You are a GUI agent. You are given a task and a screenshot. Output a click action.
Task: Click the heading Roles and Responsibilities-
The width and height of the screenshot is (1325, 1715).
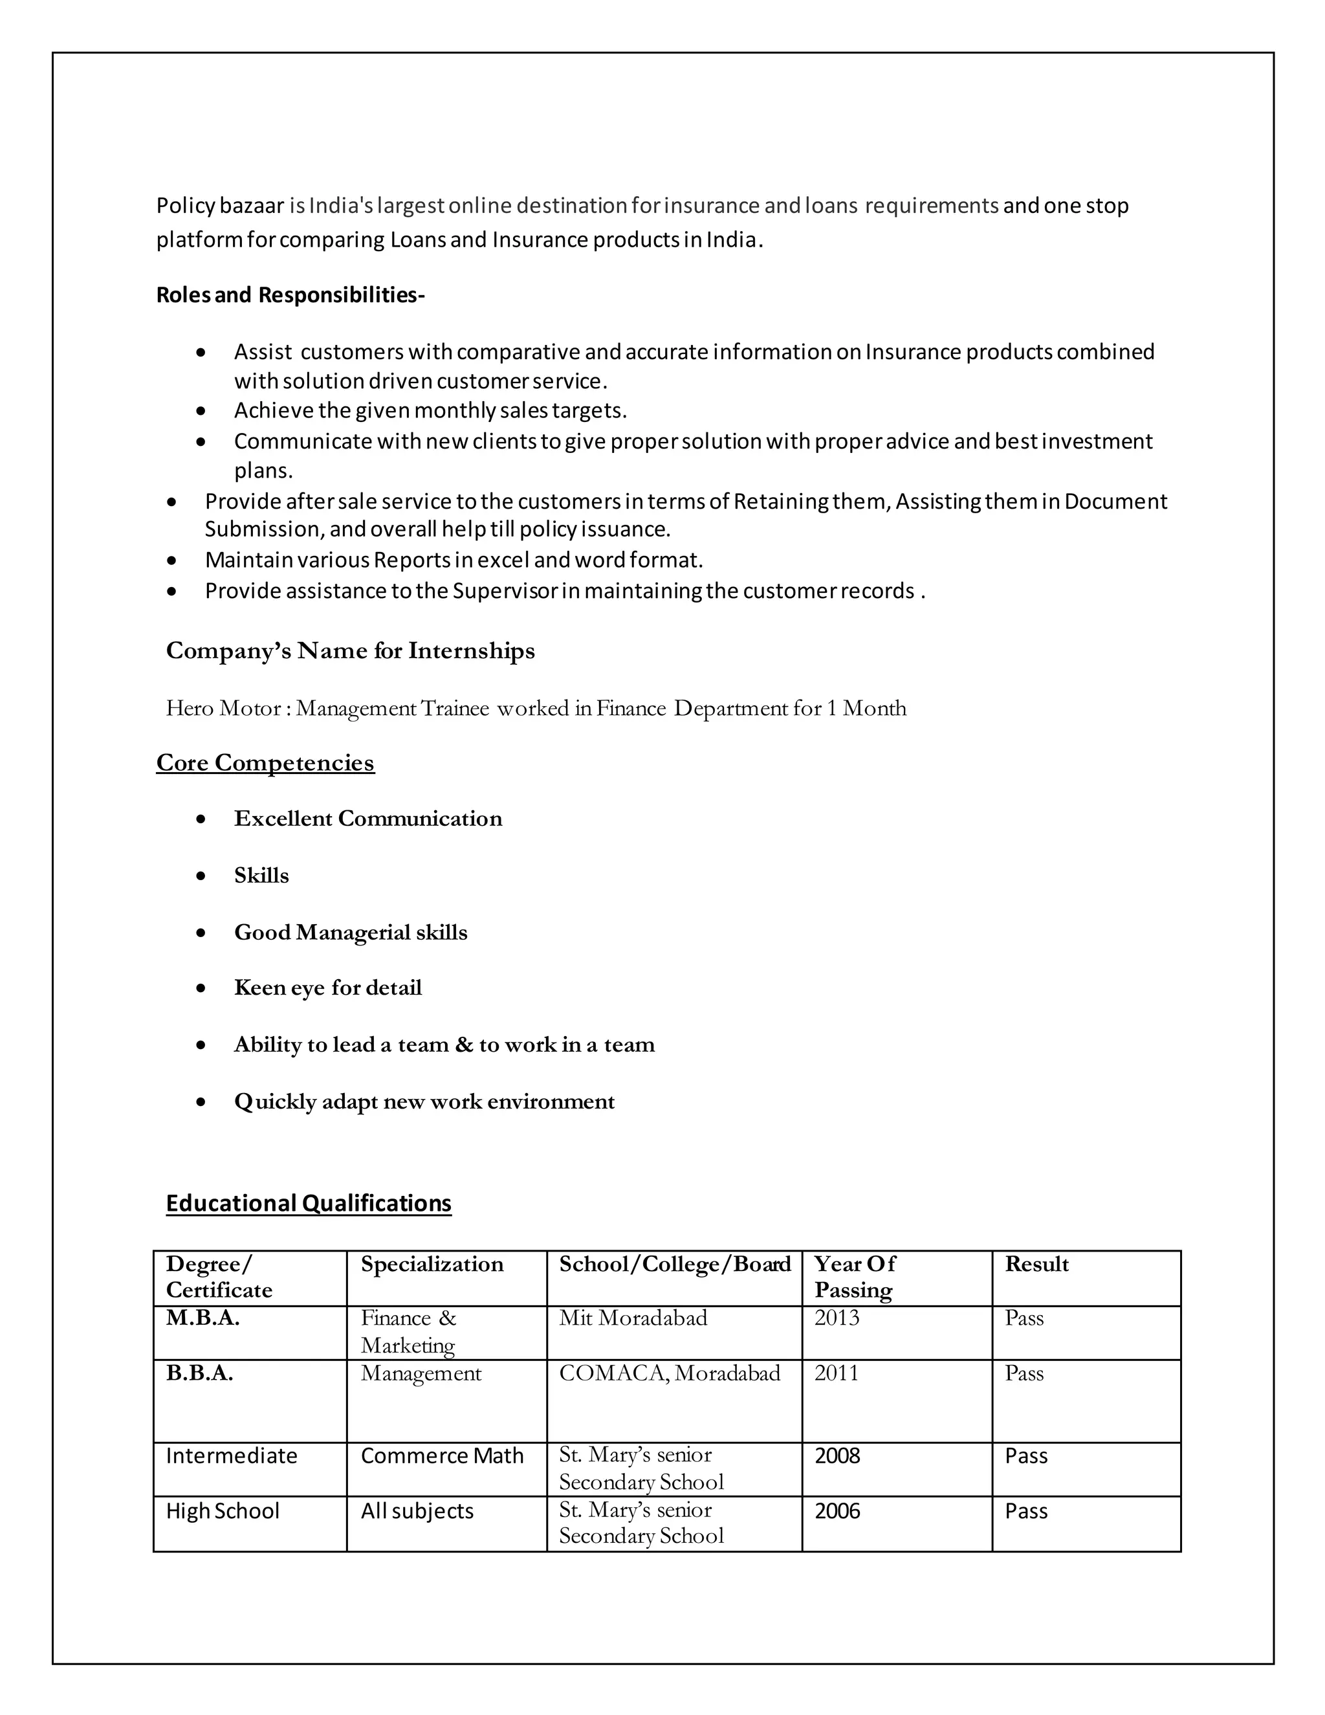pos(290,295)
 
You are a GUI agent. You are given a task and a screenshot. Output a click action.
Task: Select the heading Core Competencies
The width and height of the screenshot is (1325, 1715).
pos(265,762)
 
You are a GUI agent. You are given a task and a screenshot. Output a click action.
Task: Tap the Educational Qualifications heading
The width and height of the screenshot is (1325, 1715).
pos(309,1203)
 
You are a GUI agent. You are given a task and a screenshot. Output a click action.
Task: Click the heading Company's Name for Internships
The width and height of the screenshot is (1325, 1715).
pos(350,651)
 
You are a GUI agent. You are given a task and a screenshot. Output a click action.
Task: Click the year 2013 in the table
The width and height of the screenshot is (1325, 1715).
pos(836,1318)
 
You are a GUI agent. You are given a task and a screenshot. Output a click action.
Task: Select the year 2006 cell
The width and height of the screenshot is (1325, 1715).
pos(837,1511)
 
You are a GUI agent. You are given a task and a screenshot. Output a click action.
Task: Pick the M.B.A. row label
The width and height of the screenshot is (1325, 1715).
pos(203,1318)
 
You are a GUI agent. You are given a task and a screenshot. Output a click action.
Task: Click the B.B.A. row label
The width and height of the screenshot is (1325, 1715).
pos(199,1373)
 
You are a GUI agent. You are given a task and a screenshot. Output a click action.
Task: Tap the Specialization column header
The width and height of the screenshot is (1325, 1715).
pos(432,1265)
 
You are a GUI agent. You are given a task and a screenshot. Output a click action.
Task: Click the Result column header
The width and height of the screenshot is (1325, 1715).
pos(1036,1265)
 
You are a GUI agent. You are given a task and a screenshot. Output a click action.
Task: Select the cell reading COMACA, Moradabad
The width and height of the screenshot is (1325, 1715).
pos(669,1373)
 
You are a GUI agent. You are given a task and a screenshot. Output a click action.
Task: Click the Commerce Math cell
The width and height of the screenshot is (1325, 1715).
pos(441,1456)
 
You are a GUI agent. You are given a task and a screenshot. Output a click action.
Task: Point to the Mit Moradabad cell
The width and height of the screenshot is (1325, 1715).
pos(633,1318)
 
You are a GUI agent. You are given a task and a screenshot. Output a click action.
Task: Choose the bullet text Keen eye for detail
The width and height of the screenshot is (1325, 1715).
pos(327,988)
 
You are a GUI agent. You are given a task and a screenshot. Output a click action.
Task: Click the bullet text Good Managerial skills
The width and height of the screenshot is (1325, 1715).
pos(350,932)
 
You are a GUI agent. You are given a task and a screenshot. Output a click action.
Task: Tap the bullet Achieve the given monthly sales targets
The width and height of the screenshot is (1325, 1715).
pos(430,411)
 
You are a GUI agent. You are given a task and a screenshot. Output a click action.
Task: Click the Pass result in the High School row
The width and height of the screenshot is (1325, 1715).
pos(1025,1511)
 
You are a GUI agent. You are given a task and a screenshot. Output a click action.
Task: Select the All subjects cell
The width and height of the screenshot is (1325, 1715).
pos(417,1511)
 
